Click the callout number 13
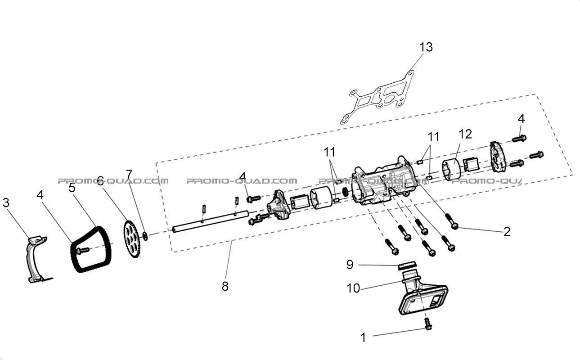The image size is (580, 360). (426, 47)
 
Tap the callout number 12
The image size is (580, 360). (465, 134)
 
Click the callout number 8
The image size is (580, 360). (225, 286)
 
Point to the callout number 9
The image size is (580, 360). (350, 265)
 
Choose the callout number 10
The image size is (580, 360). (353, 288)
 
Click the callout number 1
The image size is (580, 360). (363, 337)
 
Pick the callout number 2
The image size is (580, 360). (507, 232)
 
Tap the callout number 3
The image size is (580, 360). (6, 203)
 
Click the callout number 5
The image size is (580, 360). (72, 188)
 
